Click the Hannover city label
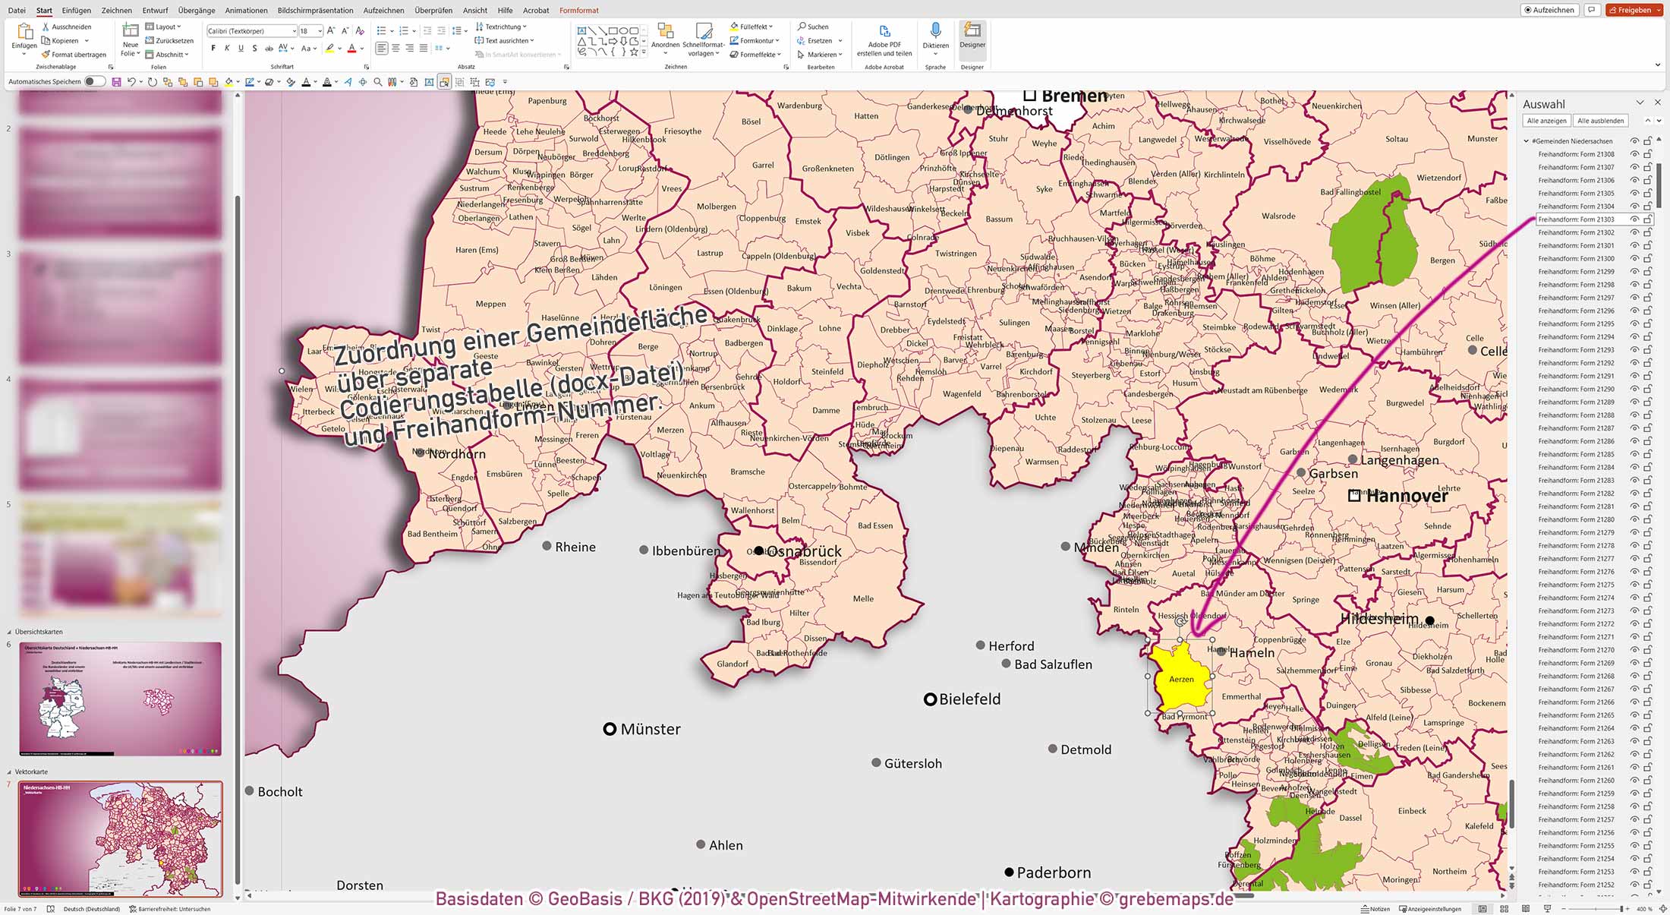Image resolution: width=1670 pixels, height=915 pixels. tap(1407, 496)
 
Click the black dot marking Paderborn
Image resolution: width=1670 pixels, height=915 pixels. tap(1009, 872)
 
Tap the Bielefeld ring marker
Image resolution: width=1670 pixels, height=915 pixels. tap(930, 699)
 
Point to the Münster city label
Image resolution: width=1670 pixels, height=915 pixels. tap(650, 729)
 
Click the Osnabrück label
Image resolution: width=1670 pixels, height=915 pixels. tap(805, 551)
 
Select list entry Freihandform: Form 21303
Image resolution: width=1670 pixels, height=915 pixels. tap(1576, 219)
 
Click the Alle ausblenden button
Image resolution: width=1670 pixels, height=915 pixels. tap(1600, 121)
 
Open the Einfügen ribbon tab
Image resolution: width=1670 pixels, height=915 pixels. tap(76, 11)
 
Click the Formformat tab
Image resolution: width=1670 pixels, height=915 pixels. tap(578, 11)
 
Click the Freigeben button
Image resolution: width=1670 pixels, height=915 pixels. tap(1634, 11)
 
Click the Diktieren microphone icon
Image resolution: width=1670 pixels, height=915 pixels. tap(935, 32)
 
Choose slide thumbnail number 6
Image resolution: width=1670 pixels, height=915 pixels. tap(120, 699)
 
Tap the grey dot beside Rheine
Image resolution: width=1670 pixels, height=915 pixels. tap(547, 546)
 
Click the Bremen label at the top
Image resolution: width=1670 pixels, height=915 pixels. tap(1073, 96)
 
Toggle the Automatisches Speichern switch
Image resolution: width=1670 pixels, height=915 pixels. tap(94, 81)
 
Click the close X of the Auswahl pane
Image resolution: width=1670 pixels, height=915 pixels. tap(1658, 103)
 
